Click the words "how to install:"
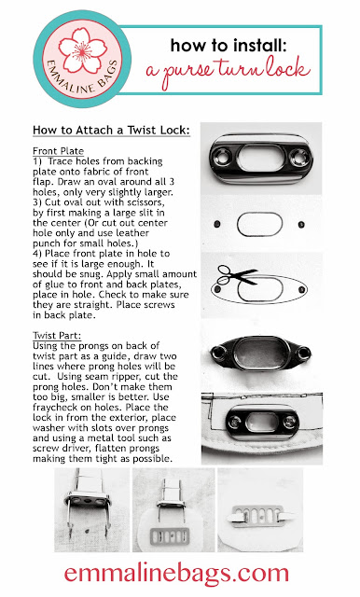(x=228, y=45)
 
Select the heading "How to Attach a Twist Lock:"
(x=111, y=131)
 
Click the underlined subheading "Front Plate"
(x=58, y=151)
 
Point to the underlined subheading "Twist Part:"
(x=57, y=336)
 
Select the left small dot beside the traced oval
(x=217, y=224)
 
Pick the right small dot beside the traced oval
(x=301, y=225)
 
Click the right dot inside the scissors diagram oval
(x=301, y=290)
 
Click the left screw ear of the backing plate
(x=218, y=354)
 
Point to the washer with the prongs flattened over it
(x=257, y=516)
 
